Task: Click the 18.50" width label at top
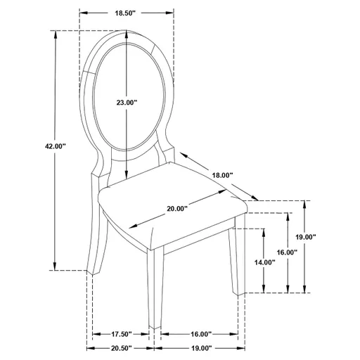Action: click(127, 13)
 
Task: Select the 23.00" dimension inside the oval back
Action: click(127, 103)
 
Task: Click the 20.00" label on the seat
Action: click(179, 208)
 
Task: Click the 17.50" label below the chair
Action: click(122, 334)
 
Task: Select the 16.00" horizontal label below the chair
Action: click(200, 334)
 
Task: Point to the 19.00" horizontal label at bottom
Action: click(200, 348)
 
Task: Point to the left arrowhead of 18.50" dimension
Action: click(82, 13)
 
